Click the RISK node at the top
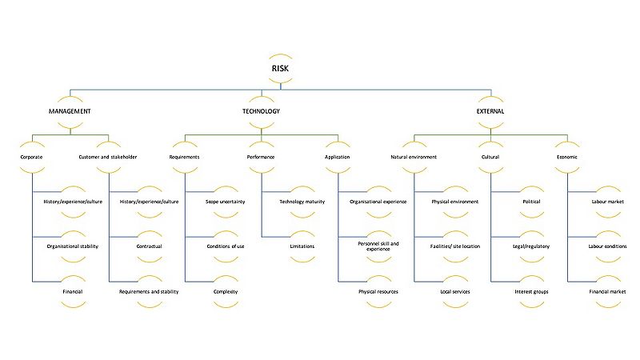pyautogui.click(x=281, y=69)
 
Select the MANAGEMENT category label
pyautogui.click(x=70, y=111)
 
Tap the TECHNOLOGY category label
pyautogui.click(x=262, y=111)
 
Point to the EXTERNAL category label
pyautogui.click(x=490, y=111)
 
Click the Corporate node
pyautogui.click(x=31, y=157)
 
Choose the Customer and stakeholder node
pyautogui.click(x=108, y=157)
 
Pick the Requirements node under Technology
pyautogui.click(x=185, y=157)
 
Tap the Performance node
pyautogui.click(x=261, y=157)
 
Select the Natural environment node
pyautogui.click(x=414, y=157)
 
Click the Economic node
pyautogui.click(x=567, y=157)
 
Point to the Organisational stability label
pyautogui.click(x=73, y=246)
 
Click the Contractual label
pyautogui.click(x=150, y=246)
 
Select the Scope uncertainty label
pyautogui.click(x=226, y=202)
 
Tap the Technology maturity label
pyautogui.click(x=302, y=202)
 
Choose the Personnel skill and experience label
pyautogui.click(x=378, y=246)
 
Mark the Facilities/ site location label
pyautogui.click(x=455, y=246)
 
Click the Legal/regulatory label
pyautogui.click(x=531, y=246)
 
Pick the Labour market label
pyautogui.click(x=608, y=202)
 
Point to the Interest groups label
pyautogui.click(x=531, y=292)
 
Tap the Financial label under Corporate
pyautogui.click(x=73, y=292)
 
